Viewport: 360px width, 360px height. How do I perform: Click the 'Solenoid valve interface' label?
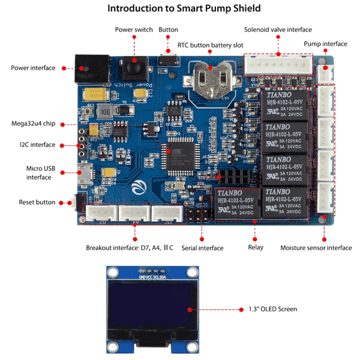tap(278, 29)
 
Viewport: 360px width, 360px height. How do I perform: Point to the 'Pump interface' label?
tap(325, 44)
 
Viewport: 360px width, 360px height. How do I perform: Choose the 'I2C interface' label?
tap(37, 145)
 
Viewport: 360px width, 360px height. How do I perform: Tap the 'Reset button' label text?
tap(37, 202)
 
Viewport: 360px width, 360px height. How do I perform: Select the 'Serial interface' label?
tap(202, 248)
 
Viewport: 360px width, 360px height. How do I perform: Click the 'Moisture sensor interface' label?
tap(316, 248)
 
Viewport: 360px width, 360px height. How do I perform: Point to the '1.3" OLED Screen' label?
tap(272, 309)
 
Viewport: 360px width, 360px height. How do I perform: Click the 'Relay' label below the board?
tap(256, 248)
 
